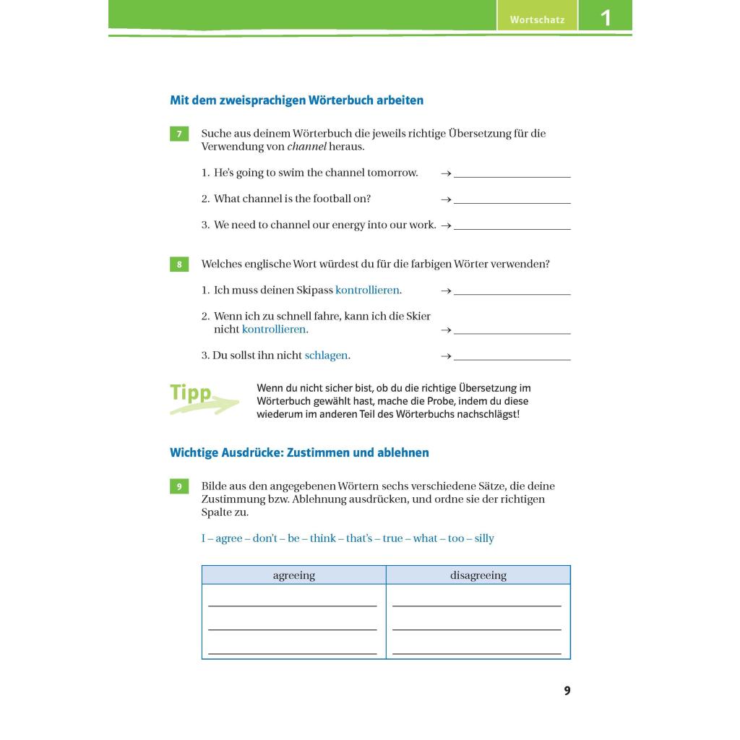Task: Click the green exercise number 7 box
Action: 179,134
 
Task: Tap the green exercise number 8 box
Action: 179,264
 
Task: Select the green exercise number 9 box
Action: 179,486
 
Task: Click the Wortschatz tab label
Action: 537,20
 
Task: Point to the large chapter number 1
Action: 606,17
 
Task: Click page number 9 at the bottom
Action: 567,691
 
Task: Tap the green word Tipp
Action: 191,393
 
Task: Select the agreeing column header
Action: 294,575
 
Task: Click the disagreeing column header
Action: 478,575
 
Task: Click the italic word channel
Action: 307,147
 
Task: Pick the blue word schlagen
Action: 326,356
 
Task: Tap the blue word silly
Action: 484,538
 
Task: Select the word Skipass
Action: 314,290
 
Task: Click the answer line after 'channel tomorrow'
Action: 512,176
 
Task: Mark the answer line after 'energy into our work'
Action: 512,228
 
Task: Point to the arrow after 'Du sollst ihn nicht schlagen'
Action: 446,356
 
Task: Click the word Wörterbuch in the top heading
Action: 340,100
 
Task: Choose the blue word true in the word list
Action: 393,538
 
